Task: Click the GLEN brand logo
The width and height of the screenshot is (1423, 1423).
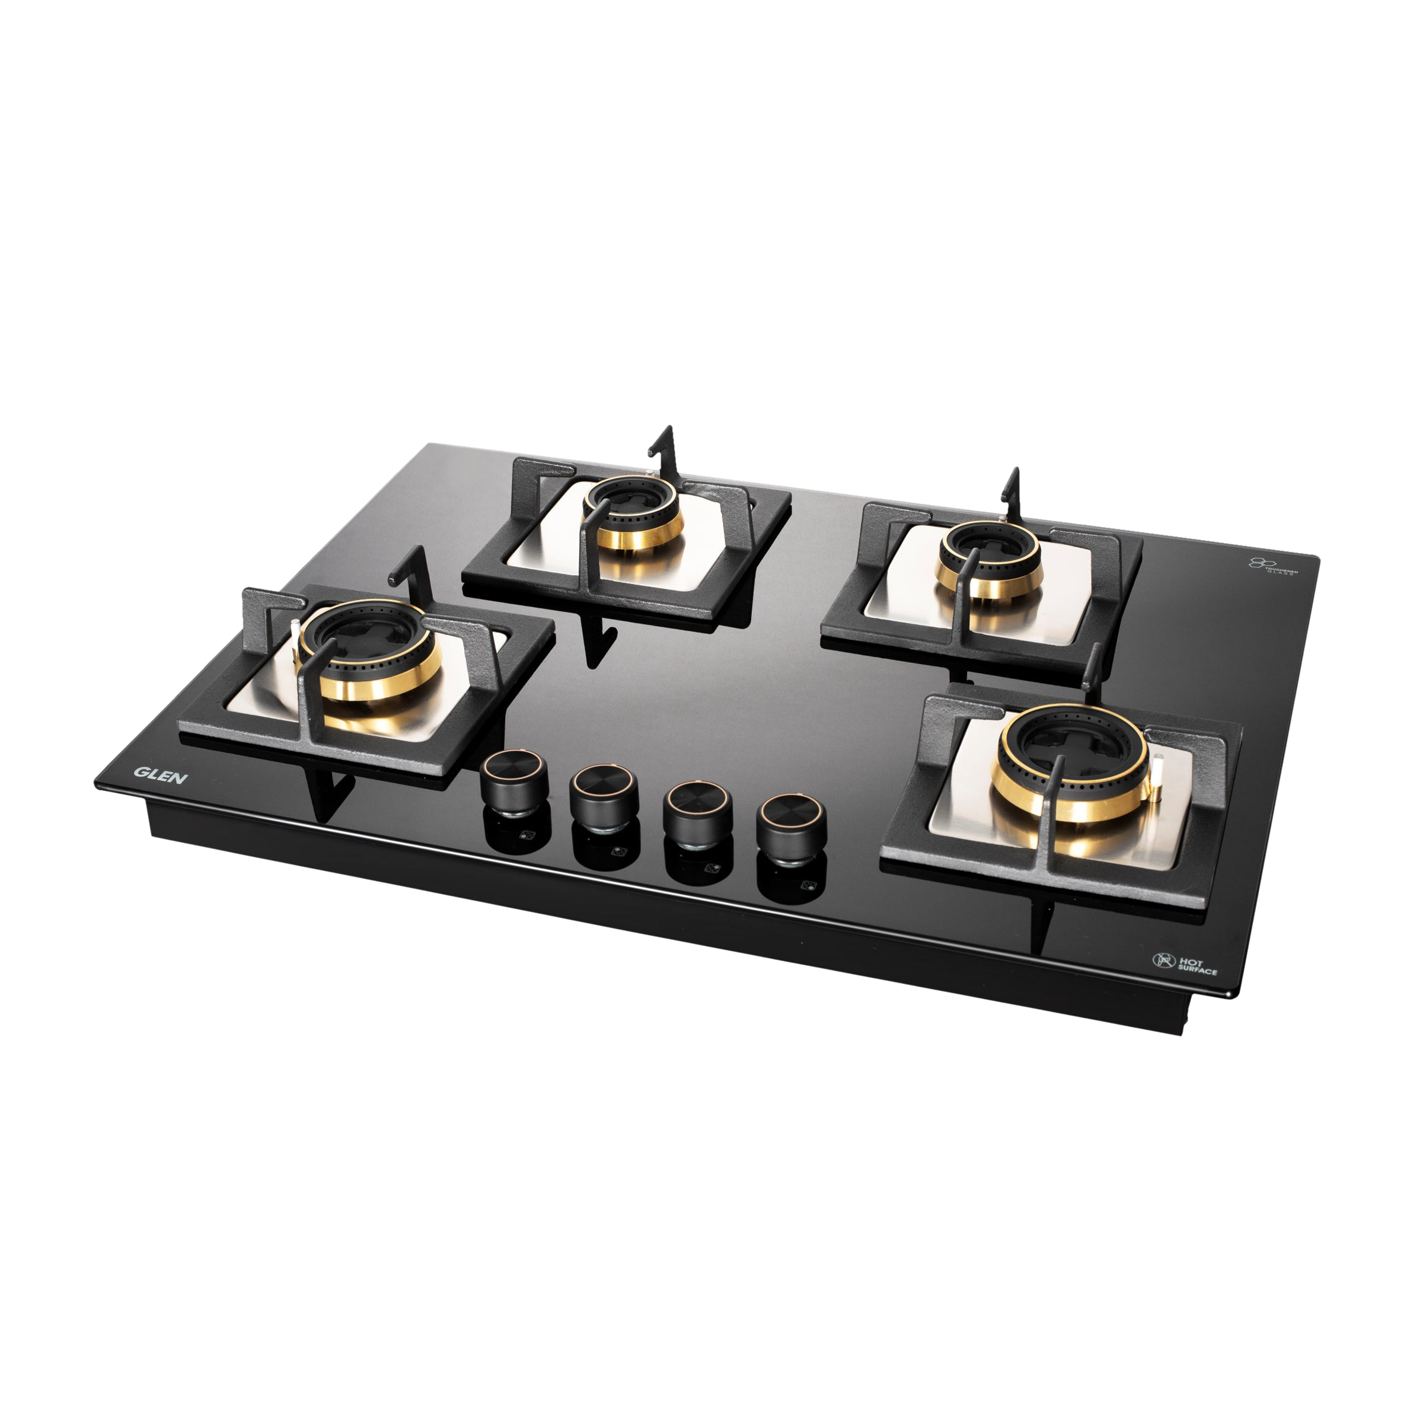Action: click(161, 775)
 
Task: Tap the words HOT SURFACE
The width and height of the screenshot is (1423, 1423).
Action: click(1197, 966)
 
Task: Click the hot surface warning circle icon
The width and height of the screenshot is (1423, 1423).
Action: click(1162, 960)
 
